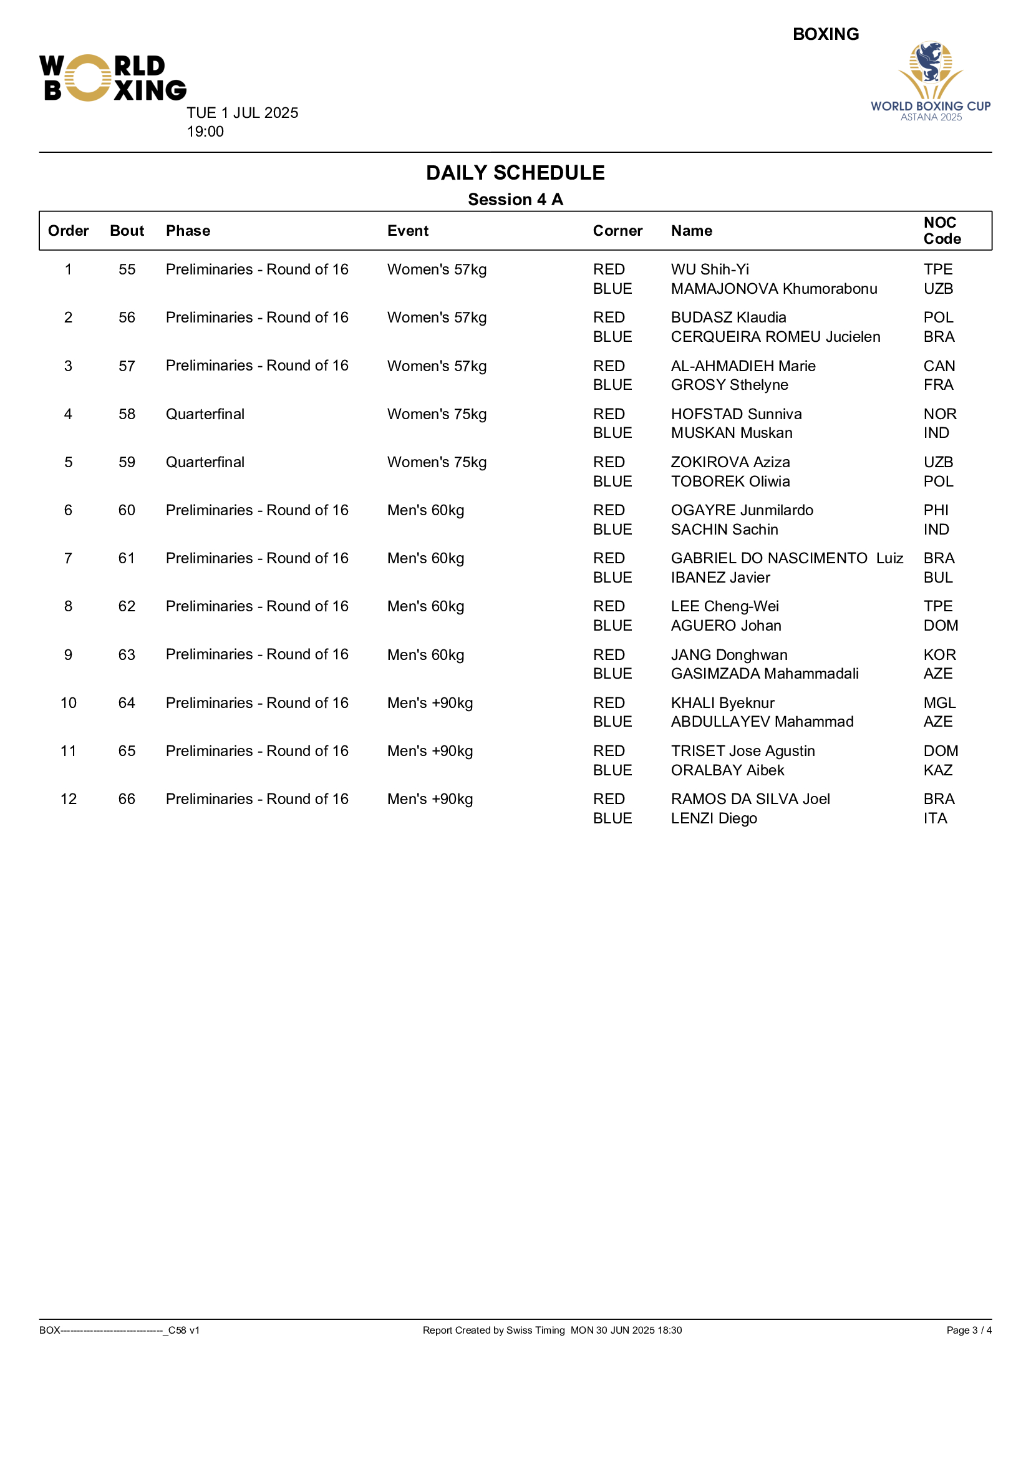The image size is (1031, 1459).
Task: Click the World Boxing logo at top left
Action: tap(112, 77)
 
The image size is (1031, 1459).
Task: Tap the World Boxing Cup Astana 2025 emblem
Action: tap(930, 80)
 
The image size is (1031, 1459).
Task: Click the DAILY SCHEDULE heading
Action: tap(515, 173)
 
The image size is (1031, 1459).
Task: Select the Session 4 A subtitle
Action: tap(515, 200)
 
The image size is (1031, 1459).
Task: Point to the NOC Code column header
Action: tap(941, 231)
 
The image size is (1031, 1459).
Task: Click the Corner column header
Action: tap(617, 231)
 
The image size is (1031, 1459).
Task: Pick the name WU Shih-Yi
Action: tap(710, 269)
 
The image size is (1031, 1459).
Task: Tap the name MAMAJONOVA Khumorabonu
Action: tap(774, 289)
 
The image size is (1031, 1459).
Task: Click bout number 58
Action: tap(127, 414)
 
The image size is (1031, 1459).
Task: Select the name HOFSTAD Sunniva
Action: tap(736, 414)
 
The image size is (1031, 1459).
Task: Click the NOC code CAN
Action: tap(939, 366)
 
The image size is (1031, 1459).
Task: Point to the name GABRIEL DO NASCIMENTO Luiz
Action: tap(787, 558)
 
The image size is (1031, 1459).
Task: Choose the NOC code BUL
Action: tap(937, 578)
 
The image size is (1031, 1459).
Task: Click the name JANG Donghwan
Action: tap(728, 654)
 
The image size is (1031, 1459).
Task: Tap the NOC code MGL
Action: tap(939, 703)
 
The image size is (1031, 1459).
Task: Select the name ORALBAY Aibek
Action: tap(727, 770)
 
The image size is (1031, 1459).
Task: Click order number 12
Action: tap(69, 799)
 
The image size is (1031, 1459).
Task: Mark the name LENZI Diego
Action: tap(714, 818)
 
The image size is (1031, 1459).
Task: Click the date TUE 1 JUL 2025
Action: tap(242, 113)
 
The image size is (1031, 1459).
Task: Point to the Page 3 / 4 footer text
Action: tap(968, 1330)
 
